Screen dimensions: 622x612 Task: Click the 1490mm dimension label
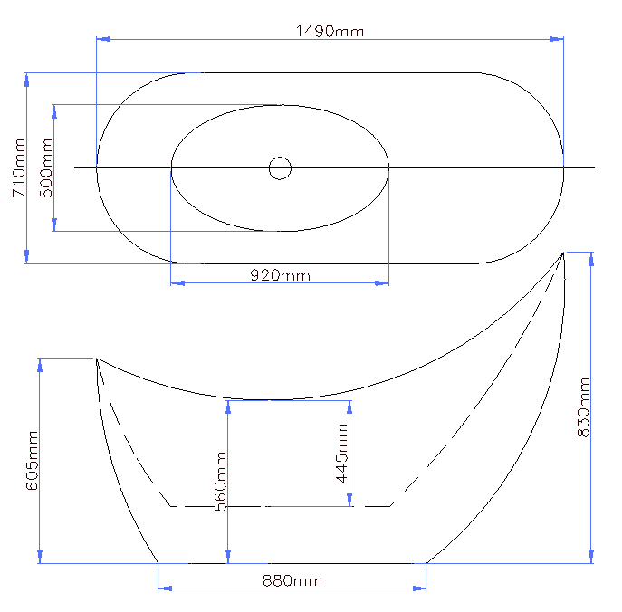(x=330, y=31)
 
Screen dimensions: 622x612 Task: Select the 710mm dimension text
(x=19, y=167)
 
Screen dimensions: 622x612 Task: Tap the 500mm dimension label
(x=46, y=167)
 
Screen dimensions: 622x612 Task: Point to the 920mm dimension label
(x=280, y=275)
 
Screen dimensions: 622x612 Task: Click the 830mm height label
(x=583, y=407)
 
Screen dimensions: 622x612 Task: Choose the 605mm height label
(x=32, y=461)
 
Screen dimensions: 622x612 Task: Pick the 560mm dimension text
(x=220, y=481)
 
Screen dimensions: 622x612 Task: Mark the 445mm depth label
(x=341, y=453)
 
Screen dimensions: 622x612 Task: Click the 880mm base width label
(x=292, y=581)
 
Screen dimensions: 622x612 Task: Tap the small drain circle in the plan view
(x=280, y=168)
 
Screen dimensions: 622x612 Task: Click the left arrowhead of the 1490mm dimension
(x=103, y=39)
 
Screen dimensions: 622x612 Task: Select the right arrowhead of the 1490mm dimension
(x=556, y=39)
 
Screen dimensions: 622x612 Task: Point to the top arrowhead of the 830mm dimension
(x=591, y=260)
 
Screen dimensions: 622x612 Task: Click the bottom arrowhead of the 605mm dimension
(x=40, y=556)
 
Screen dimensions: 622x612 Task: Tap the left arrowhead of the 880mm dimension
(x=165, y=588)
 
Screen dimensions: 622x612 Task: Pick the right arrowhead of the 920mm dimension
(x=381, y=283)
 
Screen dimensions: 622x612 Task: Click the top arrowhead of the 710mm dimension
(x=26, y=80)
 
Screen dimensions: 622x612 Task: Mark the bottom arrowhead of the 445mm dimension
(x=349, y=500)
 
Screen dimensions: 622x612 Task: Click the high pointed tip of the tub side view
(x=563, y=253)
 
